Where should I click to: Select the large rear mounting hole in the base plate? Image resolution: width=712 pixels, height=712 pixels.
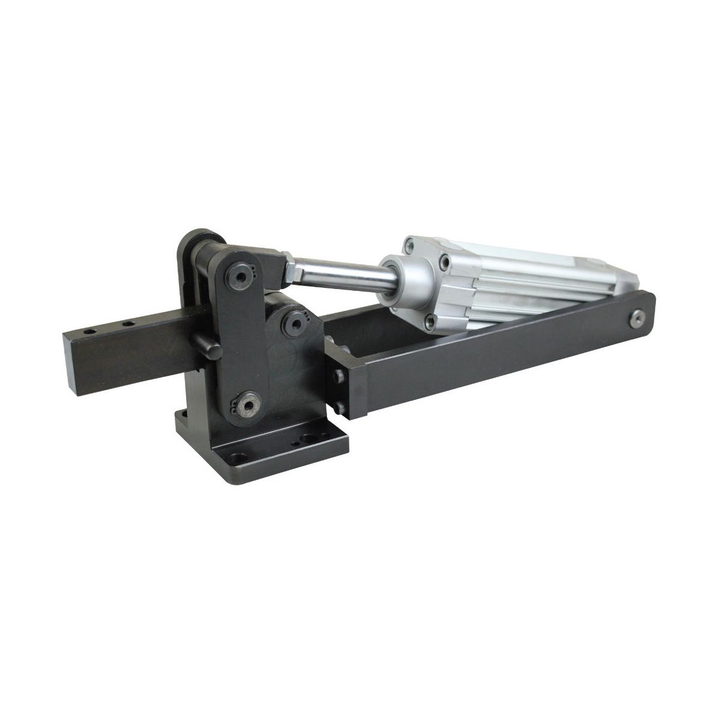click(311, 437)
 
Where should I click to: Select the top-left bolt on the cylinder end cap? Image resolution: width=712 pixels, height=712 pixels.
click(410, 244)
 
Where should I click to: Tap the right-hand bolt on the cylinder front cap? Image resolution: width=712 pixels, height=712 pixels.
click(445, 261)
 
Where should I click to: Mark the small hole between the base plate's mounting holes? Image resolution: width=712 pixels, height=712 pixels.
click(295, 445)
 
